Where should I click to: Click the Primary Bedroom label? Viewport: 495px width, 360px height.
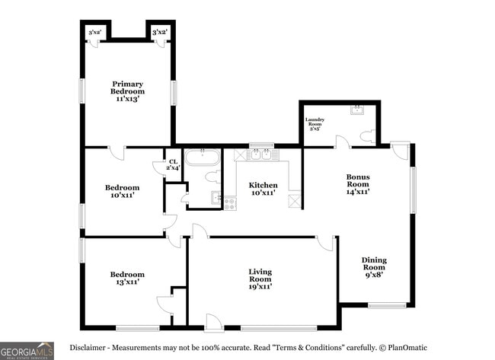coord(128,91)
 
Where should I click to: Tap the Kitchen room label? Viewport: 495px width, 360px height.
coord(263,189)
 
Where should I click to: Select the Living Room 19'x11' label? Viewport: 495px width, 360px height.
coord(260,279)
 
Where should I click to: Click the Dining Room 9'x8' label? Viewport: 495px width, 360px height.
coord(374,267)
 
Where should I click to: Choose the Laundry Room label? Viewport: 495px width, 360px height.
coord(315,124)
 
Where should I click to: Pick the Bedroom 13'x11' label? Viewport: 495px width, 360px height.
coord(127,279)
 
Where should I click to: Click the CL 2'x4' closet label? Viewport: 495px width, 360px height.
coord(173,164)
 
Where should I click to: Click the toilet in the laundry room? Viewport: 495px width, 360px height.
coord(368,138)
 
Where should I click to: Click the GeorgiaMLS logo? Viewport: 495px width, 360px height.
coord(27,350)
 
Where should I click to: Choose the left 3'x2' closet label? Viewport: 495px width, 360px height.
coord(96,33)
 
